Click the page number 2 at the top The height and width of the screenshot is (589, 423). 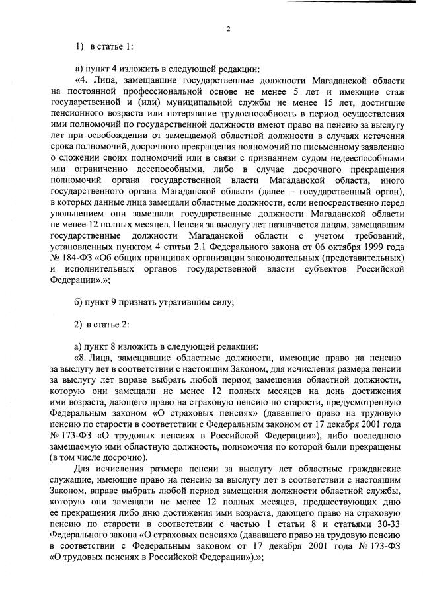click(227, 29)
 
